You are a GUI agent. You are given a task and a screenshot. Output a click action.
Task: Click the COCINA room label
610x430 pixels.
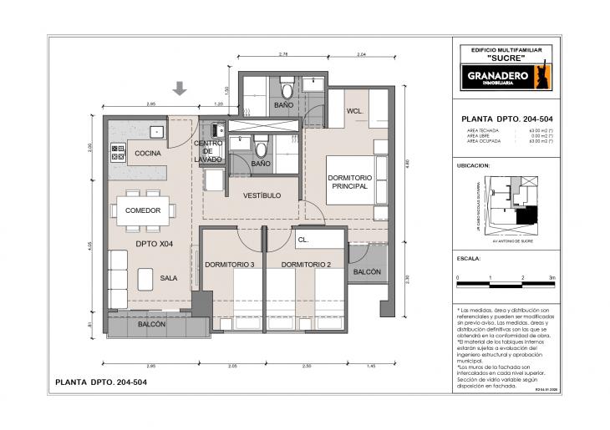[147, 154]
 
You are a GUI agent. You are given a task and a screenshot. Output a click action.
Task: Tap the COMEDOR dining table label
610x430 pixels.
[143, 210]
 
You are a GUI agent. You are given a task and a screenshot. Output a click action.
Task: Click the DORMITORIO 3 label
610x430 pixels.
[229, 265]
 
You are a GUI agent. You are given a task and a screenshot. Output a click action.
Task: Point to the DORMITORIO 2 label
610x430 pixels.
[307, 265]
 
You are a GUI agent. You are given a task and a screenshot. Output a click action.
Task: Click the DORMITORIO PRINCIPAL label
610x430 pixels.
[348, 181]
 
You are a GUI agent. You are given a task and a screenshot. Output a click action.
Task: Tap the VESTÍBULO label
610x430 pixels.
[262, 195]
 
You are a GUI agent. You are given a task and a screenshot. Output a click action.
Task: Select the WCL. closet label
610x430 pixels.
[353, 110]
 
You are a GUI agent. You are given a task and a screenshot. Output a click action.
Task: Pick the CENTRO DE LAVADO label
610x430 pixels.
[208, 151]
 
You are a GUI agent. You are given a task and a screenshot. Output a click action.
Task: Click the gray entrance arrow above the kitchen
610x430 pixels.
[180, 89]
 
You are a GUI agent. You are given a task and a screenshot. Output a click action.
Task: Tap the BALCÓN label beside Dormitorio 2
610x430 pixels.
[367, 271]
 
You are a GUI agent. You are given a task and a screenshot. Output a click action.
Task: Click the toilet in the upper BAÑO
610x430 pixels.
[287, 88]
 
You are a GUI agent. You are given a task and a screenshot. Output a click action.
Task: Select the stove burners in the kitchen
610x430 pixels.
[118, 152]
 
